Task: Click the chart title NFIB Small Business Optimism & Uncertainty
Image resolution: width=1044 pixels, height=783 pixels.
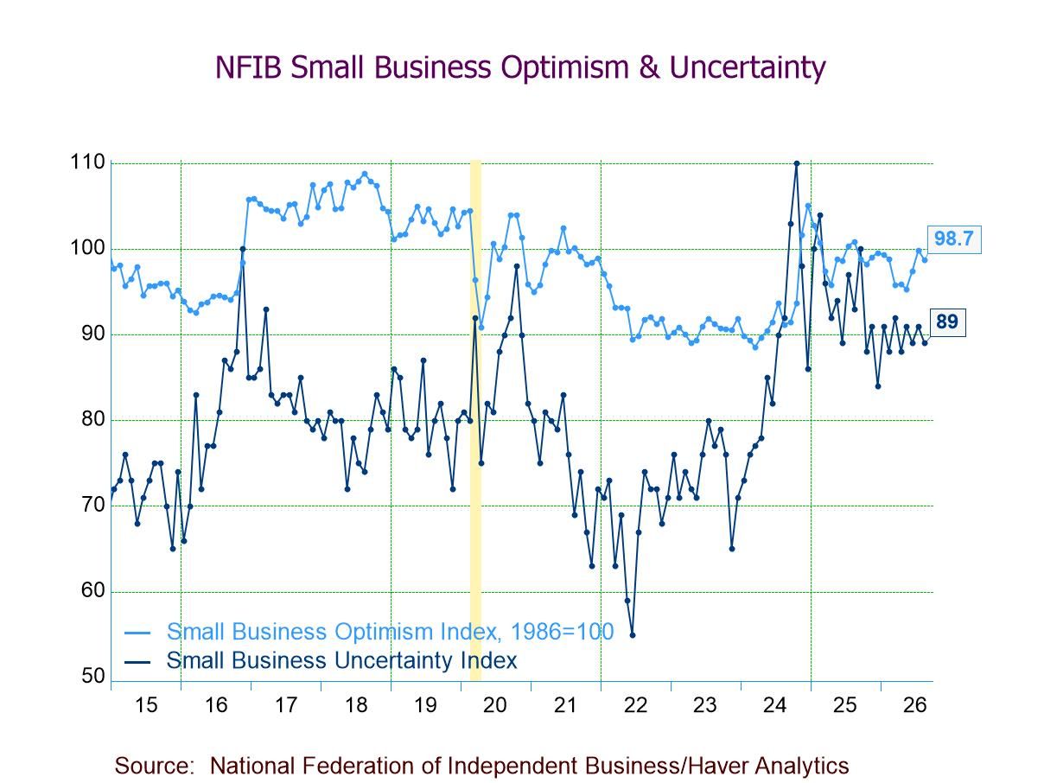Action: (520, 67)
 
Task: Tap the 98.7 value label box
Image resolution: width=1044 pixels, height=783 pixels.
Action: (953, 239)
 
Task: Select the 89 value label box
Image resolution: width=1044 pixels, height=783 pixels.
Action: (947, 322)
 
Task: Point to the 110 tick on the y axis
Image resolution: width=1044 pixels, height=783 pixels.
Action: (87, 162)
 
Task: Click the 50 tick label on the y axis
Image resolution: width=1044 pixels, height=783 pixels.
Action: (93, 676)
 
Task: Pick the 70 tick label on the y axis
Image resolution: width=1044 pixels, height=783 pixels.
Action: (93, 505)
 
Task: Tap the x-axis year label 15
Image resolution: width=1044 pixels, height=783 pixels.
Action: (145, 705)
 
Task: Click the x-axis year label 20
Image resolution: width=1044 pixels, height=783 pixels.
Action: (494, 705)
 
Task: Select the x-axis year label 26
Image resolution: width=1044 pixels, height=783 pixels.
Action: (914, 705)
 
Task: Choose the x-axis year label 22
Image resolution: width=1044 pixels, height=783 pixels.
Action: (635, 705)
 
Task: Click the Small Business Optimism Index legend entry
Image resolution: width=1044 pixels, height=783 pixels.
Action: (369, 632)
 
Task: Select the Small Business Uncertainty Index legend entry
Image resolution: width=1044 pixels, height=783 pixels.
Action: (321, 660)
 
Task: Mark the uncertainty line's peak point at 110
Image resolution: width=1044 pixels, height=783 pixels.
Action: (797, 163)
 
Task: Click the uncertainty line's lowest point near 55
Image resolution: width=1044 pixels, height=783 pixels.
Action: (632, 635)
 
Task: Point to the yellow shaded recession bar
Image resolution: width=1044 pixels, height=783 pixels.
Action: (475, 421)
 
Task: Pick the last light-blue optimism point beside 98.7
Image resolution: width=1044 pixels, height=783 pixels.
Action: (925, 260)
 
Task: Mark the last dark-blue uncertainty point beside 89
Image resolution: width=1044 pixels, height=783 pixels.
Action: (925, 343)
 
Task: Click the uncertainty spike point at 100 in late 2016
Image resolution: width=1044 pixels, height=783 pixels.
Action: (243, 249)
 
